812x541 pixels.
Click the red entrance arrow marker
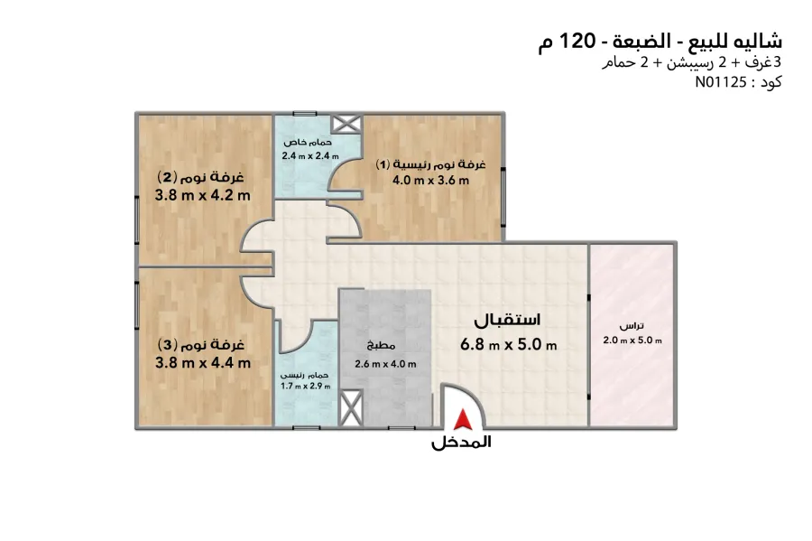coord(462,419)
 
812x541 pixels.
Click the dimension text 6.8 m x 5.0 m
coord(508,344)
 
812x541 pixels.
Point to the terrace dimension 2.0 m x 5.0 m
coord(632,340)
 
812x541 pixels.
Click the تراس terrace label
coord(632,327)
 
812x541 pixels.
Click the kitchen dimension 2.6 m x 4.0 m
coord(385,364)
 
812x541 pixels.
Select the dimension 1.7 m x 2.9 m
coord(306,386)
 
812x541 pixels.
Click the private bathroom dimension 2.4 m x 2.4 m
coord(309,156)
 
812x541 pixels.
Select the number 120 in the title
coord(580,41)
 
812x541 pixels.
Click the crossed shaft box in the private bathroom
coord(345,125)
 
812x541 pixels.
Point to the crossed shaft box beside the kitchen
coord(350,406)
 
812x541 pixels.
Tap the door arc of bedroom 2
coord(256,238)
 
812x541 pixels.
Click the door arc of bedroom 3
coord(256,289)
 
